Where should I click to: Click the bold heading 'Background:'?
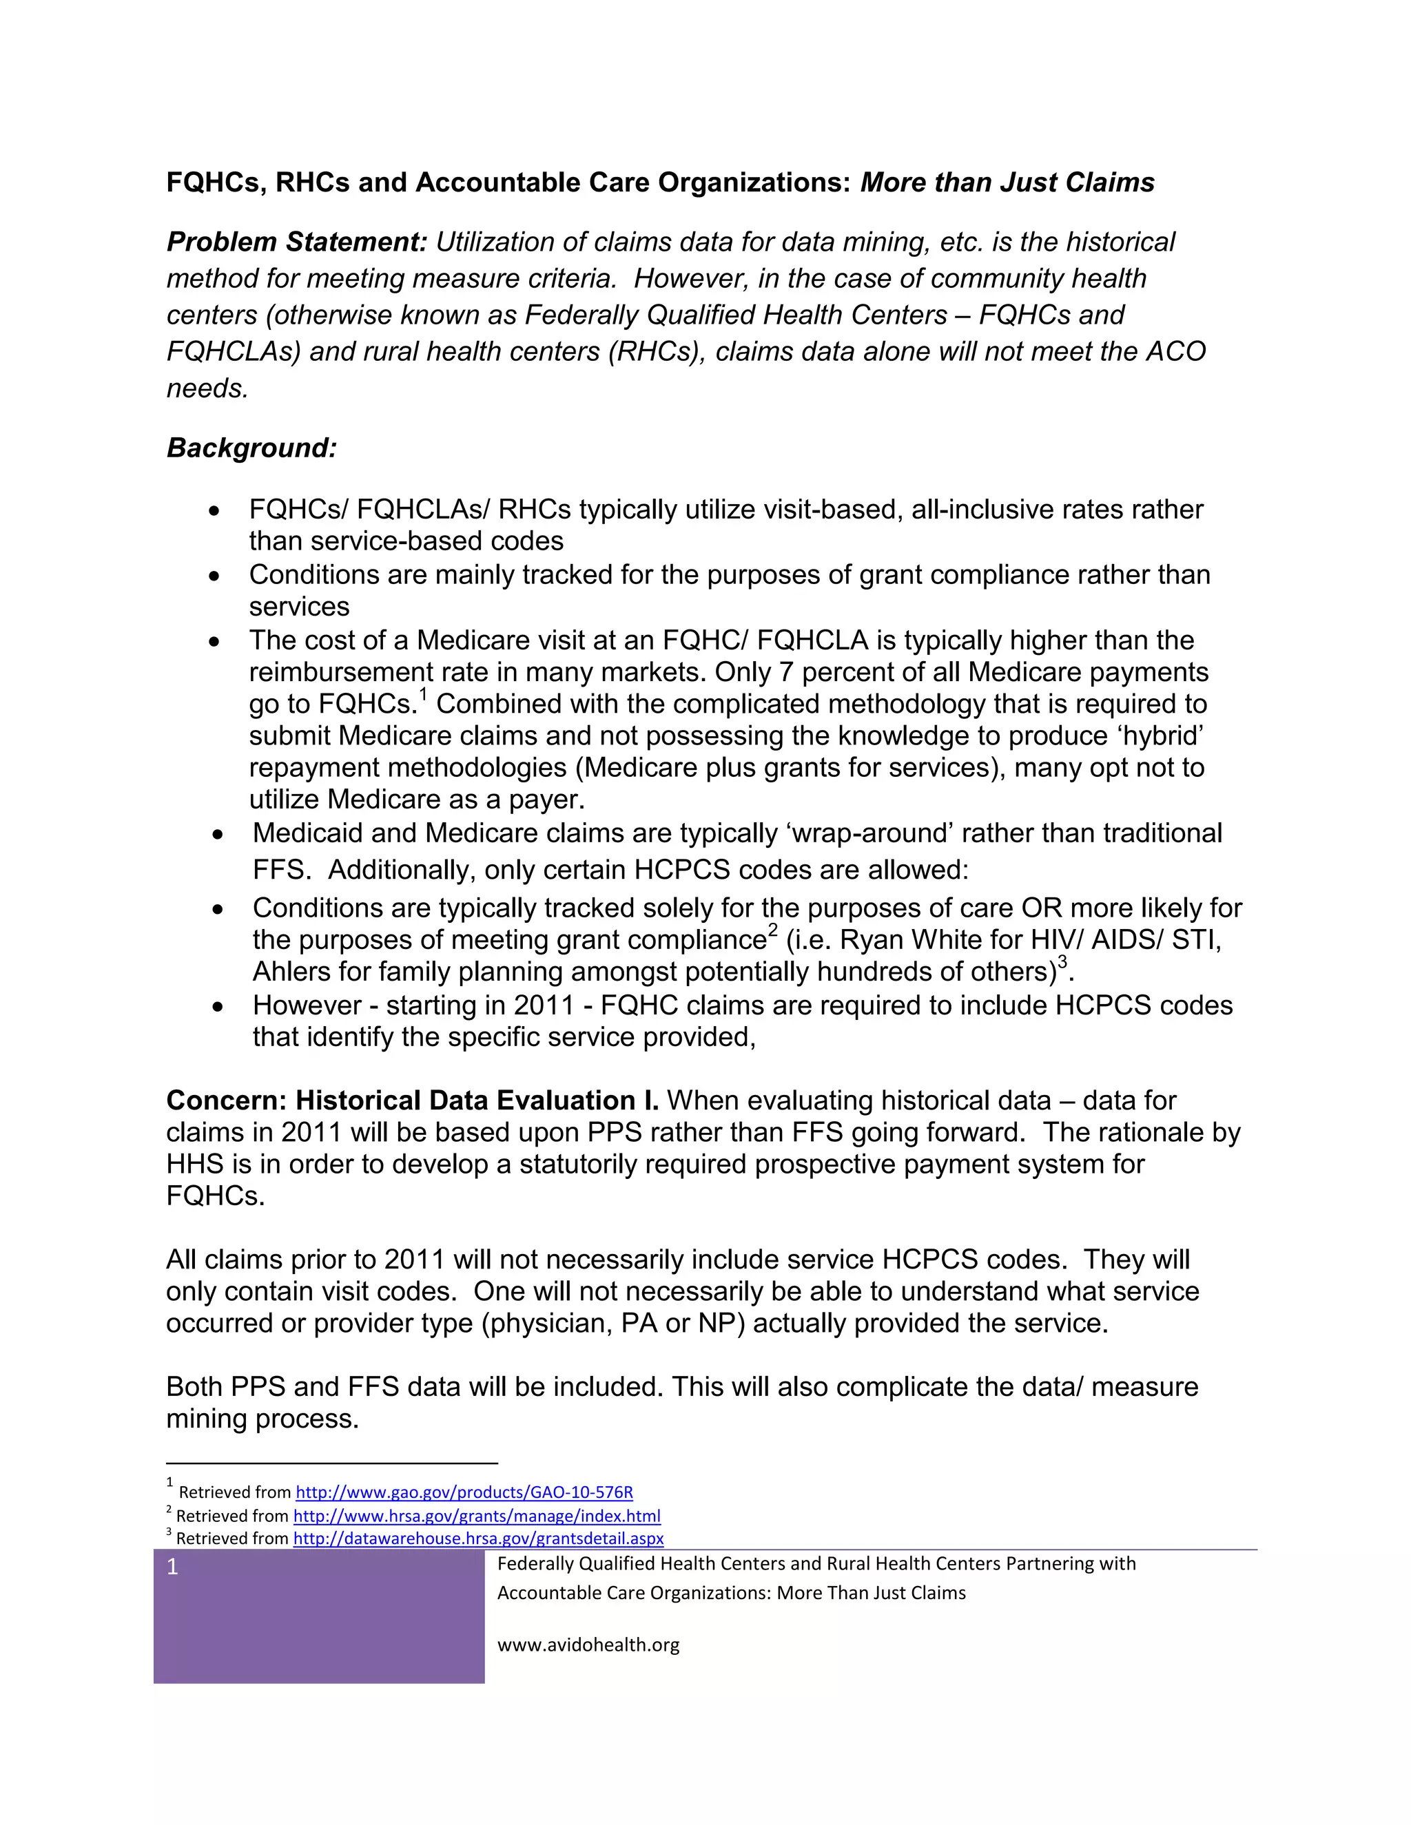coord(251,448)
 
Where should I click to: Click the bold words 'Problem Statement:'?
coord(297,242)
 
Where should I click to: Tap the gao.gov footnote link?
coord(464,1492)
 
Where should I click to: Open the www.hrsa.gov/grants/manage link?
coord(477,1516)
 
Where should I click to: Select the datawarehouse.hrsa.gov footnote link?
coord(478,1539)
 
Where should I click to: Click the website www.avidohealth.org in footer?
coord(588,1645)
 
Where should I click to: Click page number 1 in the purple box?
coord(173,1567)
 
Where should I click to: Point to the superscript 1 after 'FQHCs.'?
coord(423,694)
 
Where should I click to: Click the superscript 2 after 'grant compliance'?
coord(772,930)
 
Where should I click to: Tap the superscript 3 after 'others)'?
coord(1062,962)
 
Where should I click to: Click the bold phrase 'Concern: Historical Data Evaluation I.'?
coord(412,1101)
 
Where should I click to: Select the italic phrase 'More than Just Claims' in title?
coord(1007,182)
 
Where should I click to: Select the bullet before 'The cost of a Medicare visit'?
coord(215,642)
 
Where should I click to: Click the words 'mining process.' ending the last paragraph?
coord(262,1419)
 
